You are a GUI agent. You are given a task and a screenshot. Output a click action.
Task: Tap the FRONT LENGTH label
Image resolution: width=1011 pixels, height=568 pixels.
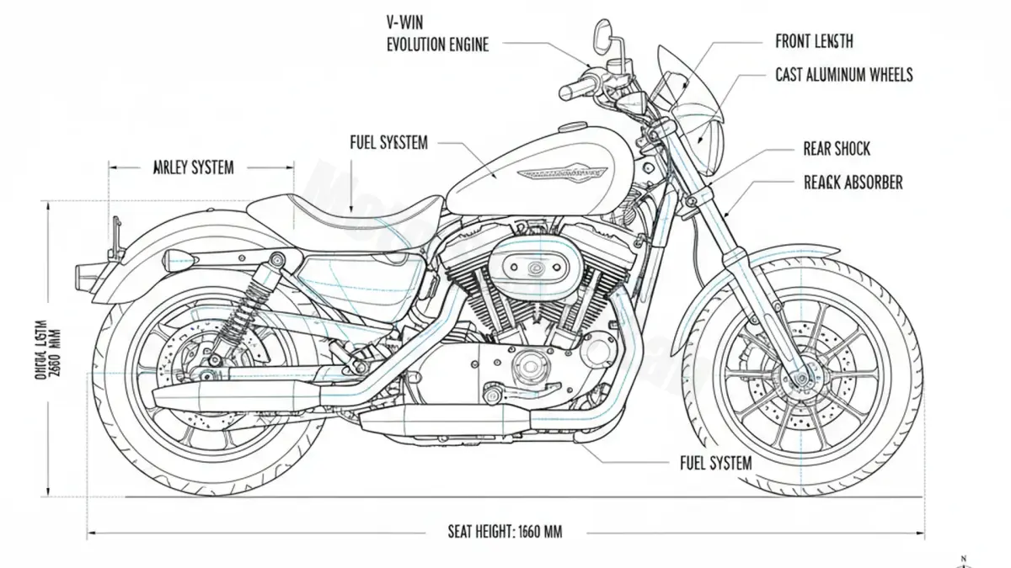(813, 40)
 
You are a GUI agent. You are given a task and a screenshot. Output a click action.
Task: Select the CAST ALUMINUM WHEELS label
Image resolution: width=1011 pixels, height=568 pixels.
(843, 75)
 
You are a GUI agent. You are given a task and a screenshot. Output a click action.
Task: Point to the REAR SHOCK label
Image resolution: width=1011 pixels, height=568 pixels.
(837, 149)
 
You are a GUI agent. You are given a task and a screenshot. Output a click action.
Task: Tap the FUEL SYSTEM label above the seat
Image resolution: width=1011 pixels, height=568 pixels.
(388, 143)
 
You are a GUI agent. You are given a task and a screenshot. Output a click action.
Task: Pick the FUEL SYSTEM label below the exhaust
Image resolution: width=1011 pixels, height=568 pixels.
(715, 463)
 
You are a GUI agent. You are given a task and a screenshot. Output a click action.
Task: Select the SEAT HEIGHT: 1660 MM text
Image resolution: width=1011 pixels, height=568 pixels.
(505, 531)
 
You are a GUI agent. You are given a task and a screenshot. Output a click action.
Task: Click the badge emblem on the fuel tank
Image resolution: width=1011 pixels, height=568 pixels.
(561, 172)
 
